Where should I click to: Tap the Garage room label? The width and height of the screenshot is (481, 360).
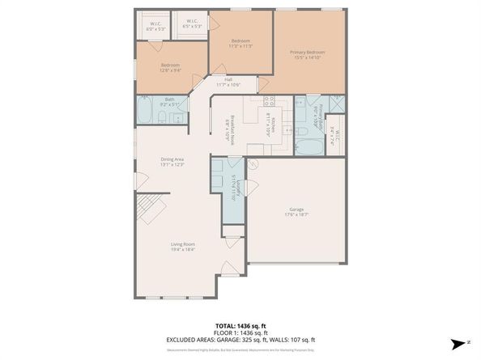[x=296, y=211]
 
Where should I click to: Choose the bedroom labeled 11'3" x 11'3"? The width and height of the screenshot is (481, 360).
[x=240, y=44]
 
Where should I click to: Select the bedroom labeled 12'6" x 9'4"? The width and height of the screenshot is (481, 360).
[x=170, y=67]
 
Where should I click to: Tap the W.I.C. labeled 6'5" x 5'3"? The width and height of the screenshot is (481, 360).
[x=192, y=23]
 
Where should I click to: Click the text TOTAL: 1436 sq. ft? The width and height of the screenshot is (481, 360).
[x=240, y=323]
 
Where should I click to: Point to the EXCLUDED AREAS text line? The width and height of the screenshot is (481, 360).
[x=240, y=339]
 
